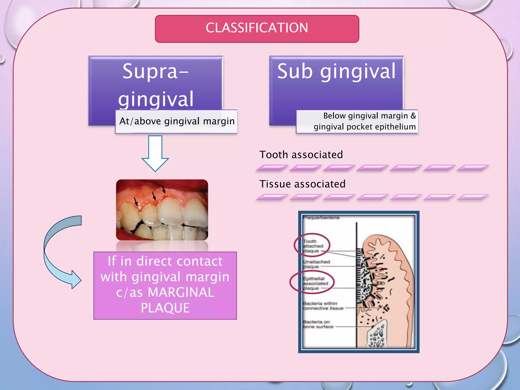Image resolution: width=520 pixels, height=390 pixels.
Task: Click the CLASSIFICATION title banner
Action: click(x=257, y=28)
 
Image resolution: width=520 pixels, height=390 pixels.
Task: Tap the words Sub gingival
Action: click(x=336, y=71)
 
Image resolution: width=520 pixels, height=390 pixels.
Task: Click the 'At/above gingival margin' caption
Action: click(x=177, y=121)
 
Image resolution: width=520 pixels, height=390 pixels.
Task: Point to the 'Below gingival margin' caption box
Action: click(x=357, y=121)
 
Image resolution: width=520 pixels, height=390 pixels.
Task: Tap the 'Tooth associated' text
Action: click(x=301, y=155)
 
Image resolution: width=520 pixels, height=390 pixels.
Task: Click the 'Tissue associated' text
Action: click(x=302, y=184)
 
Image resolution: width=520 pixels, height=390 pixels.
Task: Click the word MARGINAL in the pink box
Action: click(x=181, y=292)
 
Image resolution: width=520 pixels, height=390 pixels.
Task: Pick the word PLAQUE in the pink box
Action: click(x=165, y=308)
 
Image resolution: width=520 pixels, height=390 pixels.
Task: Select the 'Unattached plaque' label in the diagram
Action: click(x=316, y=264)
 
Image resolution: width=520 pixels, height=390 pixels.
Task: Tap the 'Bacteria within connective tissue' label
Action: click(x=322, y=306)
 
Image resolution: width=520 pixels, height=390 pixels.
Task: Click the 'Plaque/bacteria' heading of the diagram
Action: click(x=321, y=218)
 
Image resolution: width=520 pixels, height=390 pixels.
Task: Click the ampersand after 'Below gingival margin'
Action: click(x=413, y=116)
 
